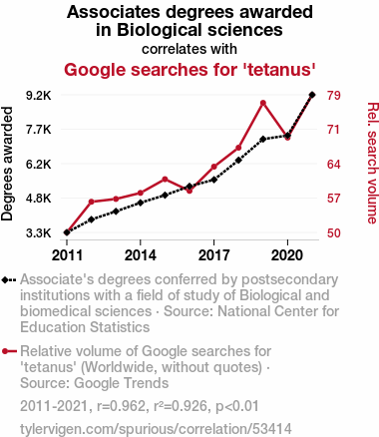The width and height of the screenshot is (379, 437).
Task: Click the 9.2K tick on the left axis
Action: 39,96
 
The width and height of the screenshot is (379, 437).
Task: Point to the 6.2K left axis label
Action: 39,165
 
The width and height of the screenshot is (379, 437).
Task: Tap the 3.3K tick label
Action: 39,233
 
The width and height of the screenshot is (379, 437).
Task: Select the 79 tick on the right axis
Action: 333,96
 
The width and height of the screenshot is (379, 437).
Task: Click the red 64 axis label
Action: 333,165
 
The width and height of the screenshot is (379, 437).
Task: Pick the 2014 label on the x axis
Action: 141,255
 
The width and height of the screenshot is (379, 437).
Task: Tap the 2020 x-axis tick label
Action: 287,255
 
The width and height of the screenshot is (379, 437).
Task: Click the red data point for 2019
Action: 263,103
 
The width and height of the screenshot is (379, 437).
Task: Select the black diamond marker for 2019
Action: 263,139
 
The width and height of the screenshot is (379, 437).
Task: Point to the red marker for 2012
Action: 92,202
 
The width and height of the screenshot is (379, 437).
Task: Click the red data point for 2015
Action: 165,180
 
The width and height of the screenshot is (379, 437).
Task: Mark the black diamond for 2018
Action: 238,161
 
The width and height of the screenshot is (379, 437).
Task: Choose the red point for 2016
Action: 189,191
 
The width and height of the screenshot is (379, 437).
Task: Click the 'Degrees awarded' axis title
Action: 7,164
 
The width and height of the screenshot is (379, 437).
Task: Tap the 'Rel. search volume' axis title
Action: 372,163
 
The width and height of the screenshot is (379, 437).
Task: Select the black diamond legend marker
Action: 5,280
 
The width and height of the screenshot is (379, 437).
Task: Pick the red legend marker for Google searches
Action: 5,351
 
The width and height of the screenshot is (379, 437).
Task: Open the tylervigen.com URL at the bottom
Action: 156,429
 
